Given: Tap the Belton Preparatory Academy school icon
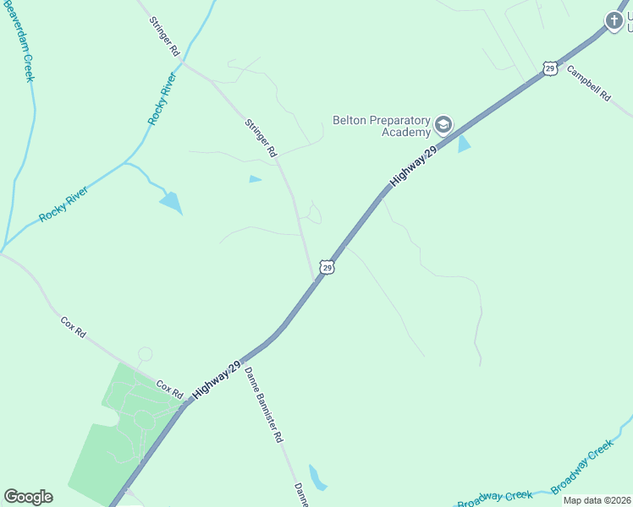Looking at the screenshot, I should tap(443, 127).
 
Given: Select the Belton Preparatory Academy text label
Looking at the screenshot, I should tap(382, 126).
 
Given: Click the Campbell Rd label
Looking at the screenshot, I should tap(588, 84).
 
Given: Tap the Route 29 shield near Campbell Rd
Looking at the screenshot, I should tap(550, 68).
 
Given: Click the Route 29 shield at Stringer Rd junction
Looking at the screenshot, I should tap(327, 267).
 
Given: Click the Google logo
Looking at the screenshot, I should tap(28, 497).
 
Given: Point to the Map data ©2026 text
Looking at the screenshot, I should tap(596, 500).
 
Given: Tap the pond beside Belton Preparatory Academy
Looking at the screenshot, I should tap(463, 144).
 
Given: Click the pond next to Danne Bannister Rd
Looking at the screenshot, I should tap(316, 477).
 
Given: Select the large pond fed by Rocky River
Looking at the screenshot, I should tap(172, 203).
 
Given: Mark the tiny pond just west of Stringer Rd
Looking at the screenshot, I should tap(255, 179).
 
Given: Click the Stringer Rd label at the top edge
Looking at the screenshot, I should tap(165, 36).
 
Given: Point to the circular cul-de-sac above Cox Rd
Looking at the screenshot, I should tap(145, 355).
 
